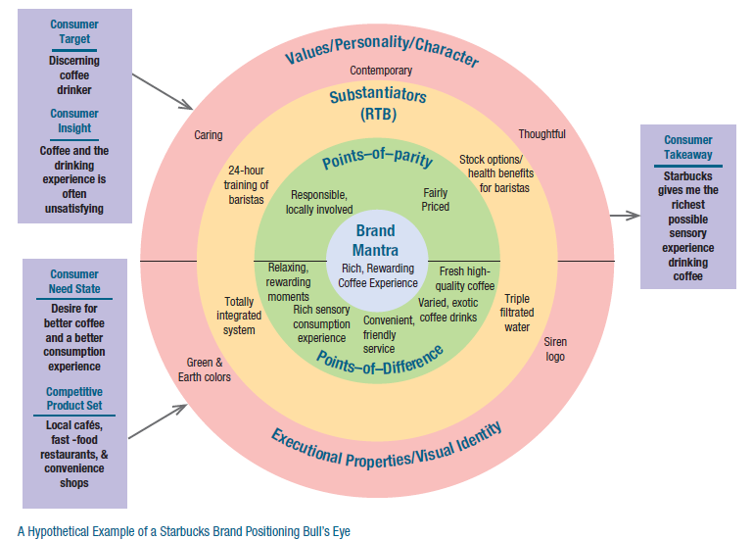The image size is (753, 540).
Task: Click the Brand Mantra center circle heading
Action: point(375,240)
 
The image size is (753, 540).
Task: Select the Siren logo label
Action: point(554,349)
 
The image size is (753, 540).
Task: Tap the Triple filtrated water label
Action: point(517,313)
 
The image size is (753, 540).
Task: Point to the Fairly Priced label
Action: point(436,200)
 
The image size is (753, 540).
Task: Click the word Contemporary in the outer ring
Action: point(381,71)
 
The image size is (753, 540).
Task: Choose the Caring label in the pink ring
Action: point(208,135)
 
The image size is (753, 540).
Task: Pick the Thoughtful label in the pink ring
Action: point(541,134)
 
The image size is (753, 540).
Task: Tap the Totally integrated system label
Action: point(239,317)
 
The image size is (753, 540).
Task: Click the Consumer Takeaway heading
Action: point(687,147)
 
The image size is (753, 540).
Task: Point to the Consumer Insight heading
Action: point(74,121)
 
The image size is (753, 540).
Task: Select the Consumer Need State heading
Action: point(74,281)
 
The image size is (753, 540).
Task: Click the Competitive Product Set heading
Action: point(74,399)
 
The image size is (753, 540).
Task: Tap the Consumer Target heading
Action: point(74,32)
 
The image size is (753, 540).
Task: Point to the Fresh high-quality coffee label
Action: point(467,278)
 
